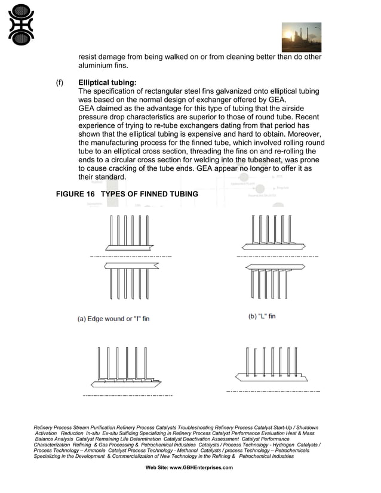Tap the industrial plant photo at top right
pyautogui.click(x=301, y=37)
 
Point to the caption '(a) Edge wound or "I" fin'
pyautogui.click(x=113, y=319)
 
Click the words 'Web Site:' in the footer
pyautogui.click(x=158, y=468)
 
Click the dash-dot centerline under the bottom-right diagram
pyautogui.click(x=273, y=391)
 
